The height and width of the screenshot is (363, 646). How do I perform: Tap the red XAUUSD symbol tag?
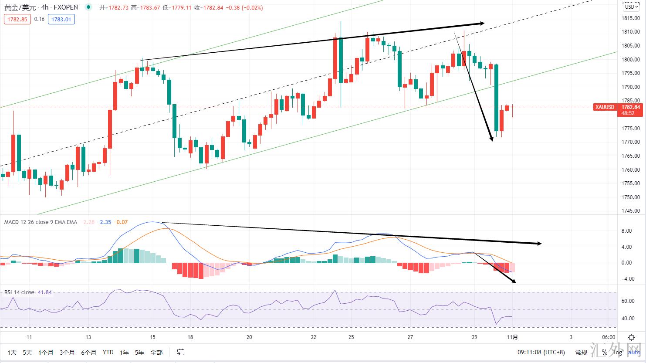pyautogui.click(x=605, y=107)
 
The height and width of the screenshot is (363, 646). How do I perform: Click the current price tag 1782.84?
pyautogui.click(x=630, y=107)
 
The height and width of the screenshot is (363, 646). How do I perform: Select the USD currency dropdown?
pyautogui.click(x=630, y=7)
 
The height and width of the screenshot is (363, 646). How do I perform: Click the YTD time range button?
pyautogui.click(x=108, y=352)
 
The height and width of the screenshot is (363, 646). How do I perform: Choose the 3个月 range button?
pyautogui.click(x=68, y=352)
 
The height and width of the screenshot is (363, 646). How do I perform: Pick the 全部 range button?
pyautogui.click(x=156, y=352)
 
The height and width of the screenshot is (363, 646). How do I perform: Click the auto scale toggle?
pyautogui.click(x=634, y=352)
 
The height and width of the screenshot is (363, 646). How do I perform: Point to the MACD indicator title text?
pyautogui.click(x=41, y=222)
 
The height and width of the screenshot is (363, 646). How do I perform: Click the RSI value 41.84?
pyautogui.click(x=45, y=292)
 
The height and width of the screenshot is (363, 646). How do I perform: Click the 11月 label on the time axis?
pyautogui.click(x=513, y=337)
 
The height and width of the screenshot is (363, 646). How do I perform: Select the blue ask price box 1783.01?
pyautogui.click(x=61, y=19)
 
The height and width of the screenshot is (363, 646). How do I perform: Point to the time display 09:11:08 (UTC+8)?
pyautogui.click(x=541, y=352)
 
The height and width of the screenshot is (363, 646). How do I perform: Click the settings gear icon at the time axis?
pyautogui.click(x=631, y=337)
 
